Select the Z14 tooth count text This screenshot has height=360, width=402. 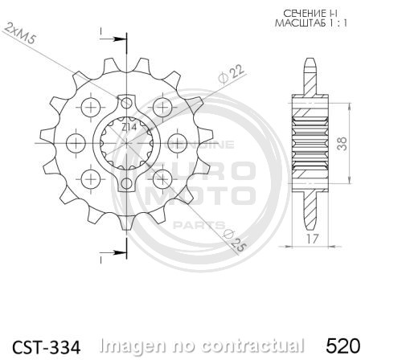coord(129,127)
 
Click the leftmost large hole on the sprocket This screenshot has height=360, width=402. coord(76,143)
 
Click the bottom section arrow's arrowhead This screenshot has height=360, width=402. coord(122,256)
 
